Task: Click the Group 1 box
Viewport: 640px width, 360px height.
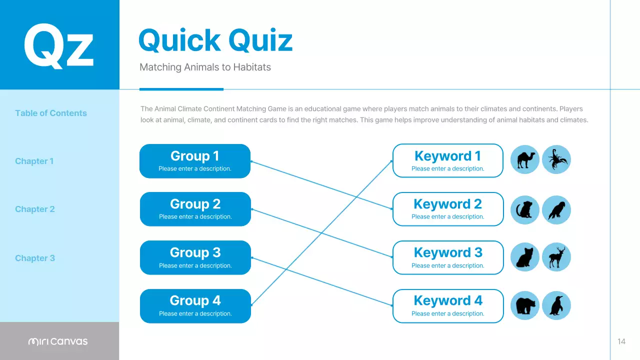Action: click(x=195, y=161)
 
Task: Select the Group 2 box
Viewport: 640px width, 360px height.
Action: click(x=195, y=209)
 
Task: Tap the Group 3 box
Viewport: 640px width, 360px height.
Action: click(x=195, y=257)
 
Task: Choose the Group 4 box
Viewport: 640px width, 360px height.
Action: click(x=195, y=306)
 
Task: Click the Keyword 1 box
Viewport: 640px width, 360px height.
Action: click(x=448, y=161)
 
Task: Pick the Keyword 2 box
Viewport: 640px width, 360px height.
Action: click(x=448, y=209)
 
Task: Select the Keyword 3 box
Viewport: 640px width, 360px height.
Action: click(x=448, y=257)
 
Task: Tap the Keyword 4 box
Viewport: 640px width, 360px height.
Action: click(x=448, y=306)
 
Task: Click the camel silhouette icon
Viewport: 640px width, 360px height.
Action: click(x=525, y=159)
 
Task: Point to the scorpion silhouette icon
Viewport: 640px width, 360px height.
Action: click(x=556, y=159)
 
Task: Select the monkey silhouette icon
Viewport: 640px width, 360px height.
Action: click(x=525, y=209)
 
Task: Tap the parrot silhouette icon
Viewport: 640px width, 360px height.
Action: click(x=556, y=209)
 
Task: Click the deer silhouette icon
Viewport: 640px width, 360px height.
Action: click(x=556, y=257)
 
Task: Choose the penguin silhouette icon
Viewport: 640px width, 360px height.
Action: click(x=556, y=305)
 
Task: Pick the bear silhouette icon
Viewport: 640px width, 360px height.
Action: click(x=525, y=305)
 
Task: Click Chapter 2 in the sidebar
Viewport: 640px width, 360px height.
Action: click(x=35, y=209)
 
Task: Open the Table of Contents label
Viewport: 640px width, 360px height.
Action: click(x=51, y=113)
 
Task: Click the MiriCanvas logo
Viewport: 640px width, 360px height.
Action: click(x=58, y=341)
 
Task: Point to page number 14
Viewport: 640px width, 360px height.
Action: click(x=621, y=341)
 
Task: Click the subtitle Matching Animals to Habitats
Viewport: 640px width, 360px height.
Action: click(x=205, y=67)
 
